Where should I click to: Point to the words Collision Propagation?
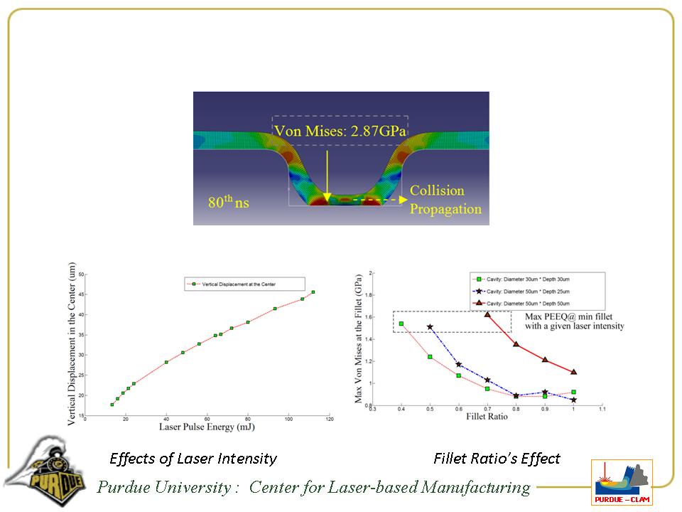445,200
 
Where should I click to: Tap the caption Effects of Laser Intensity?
193,459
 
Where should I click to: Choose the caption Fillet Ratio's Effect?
497,459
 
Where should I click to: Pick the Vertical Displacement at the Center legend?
244,284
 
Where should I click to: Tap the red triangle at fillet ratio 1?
573,372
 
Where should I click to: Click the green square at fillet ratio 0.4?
401,324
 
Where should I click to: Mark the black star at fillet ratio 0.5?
430,327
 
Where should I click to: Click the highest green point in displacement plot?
313,292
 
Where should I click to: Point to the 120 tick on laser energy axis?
329,419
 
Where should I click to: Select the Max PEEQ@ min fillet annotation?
574,321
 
